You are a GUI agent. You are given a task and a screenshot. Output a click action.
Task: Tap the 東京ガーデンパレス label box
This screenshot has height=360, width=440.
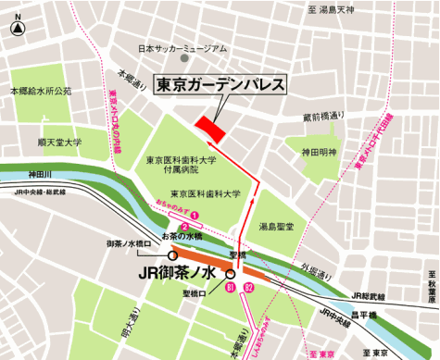pyautogui.click(x=220, y=84)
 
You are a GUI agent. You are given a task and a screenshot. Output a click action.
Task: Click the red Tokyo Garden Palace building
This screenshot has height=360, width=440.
pyautogui.click(x=209, y=130)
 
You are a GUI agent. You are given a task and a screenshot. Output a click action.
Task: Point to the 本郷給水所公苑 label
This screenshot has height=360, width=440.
pyautogui.click(x=41, y=92)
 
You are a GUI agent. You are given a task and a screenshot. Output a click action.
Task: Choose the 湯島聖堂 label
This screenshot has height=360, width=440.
pyautogui.click(x=279, y=226)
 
